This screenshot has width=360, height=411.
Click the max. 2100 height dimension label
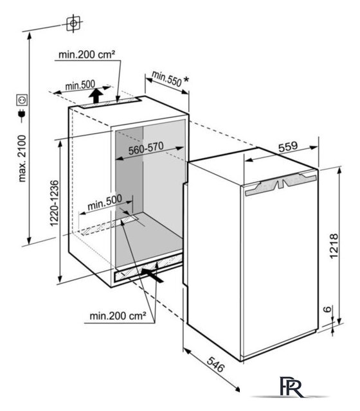pyautogui.click(x=22, y=159)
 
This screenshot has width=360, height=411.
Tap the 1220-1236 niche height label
pyautogui.click(x=54, y=203)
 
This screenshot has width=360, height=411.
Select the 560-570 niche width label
pyautogui.click(x=146, y=148)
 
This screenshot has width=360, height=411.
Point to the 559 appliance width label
pyautogui.click(x=288, y=146)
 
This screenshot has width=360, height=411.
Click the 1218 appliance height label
pyautogui.click(x=334, y=246)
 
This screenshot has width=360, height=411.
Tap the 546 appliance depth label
pyautogui.click(x=216, y=364)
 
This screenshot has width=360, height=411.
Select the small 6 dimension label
pyautogui.click(x=327, y=309)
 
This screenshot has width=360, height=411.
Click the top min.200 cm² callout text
pyautogui.click(x=87, y=55)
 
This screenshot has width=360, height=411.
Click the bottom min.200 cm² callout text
pyautogui.click(x=118, y=316)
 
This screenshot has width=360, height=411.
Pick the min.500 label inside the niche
pyautogui.click(x=104, y=202)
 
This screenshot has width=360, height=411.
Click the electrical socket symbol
pyautogui.click(x=22, y=100)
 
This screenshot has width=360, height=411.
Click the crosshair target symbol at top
pyautogui.click(x=73, y=24)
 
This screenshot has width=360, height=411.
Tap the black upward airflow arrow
pyautogui.click(x=96, y=96)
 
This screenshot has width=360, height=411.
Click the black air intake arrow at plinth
pyautogui.click(x=152, y=275)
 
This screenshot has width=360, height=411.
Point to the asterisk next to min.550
pyautogui.click(x=186, y=80)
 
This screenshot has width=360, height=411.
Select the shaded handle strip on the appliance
pyautogui.click(x=281, y=184)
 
